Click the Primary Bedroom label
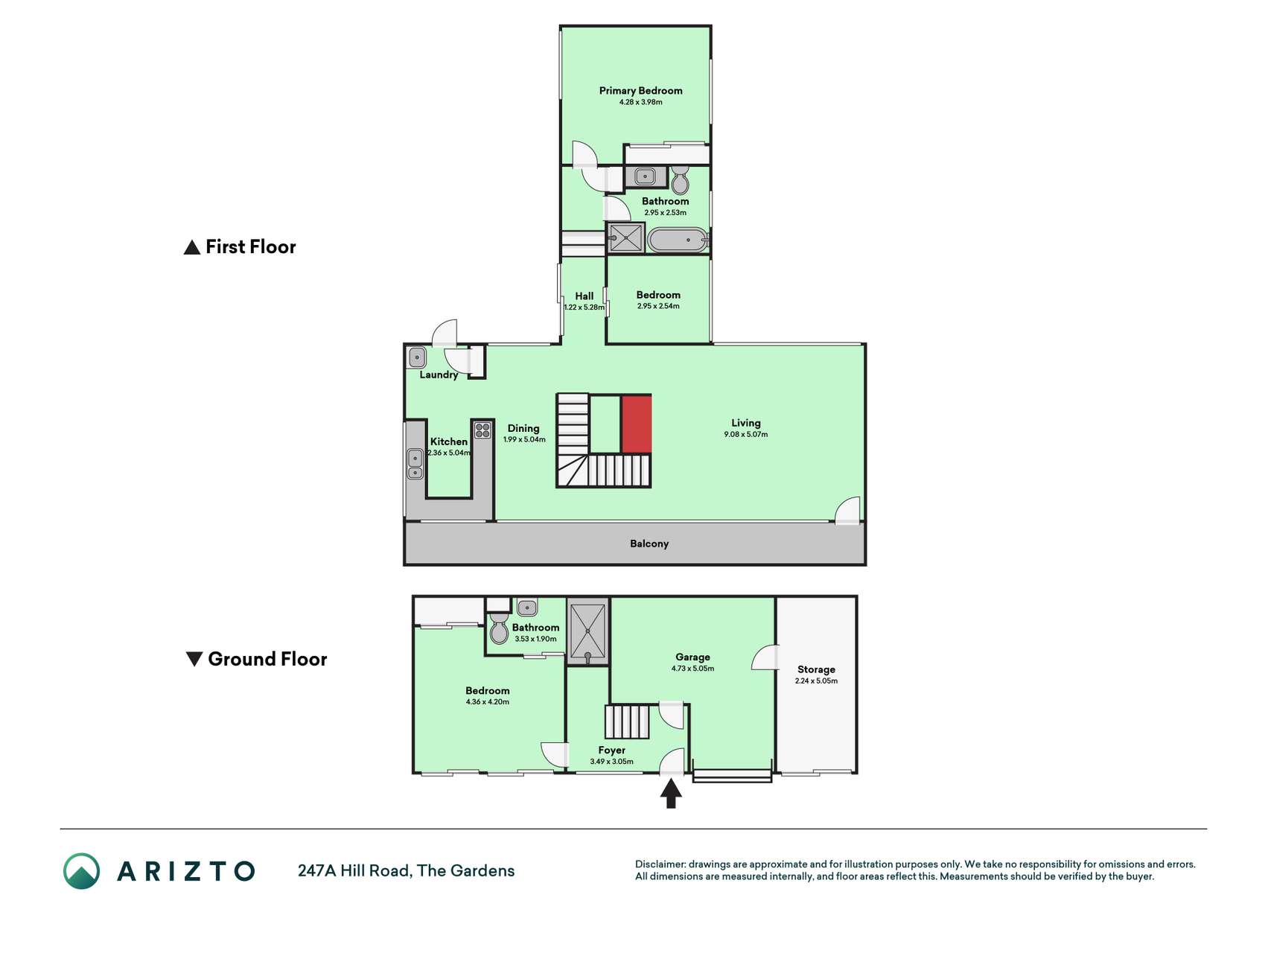(640, 91)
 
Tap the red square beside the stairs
(637, 424)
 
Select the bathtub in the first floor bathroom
(678, 240)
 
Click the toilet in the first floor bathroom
(680, 179)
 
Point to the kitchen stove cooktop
(482, 430)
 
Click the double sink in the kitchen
(415, 464)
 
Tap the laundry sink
(417, 357)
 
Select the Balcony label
(649, 544)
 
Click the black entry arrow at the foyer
(671, 793)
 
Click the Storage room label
(816, 669)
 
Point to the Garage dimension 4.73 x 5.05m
(692, 669)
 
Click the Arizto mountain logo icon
(81, 871)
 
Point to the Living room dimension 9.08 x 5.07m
(745, 434)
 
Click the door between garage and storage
(765, 657)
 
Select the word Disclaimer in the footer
(660, 864)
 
